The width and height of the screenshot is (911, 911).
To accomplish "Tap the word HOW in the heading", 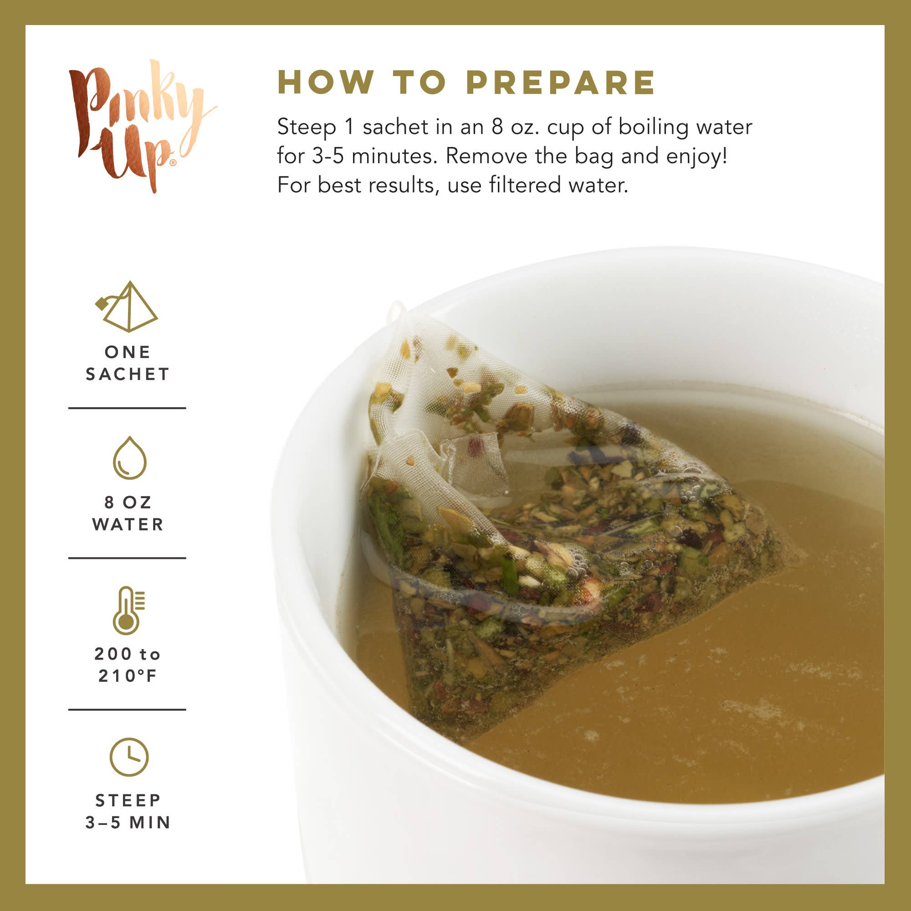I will pos(325,82).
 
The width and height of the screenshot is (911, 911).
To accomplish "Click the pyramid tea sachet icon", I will pos(128,307).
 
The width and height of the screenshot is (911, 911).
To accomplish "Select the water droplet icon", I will pos(130,458).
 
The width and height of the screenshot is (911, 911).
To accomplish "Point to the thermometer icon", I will pos(128,611).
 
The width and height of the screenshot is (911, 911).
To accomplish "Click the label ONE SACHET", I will pos(128,363).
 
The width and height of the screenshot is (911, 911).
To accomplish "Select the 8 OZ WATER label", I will pos(128,513).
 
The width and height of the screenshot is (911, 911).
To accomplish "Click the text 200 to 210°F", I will pos(128,665).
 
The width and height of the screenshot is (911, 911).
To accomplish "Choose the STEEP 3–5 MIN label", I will pos(128,812).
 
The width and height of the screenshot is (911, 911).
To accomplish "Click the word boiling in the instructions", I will pos(653,128).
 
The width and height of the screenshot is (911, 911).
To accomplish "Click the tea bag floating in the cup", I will pos(542,542).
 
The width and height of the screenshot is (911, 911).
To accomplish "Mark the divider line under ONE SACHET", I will pos(128,408).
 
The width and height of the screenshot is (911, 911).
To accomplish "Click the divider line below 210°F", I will pos(128,709).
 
